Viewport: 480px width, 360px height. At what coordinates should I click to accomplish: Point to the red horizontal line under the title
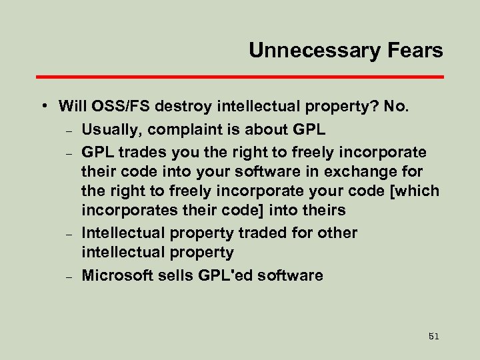(x=240, y=77)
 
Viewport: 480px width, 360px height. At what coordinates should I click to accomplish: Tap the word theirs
(x=323, y=210)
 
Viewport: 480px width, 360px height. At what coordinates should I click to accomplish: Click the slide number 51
(x=434, y=337)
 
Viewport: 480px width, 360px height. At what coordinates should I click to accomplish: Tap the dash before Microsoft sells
(x=69, y=276)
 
